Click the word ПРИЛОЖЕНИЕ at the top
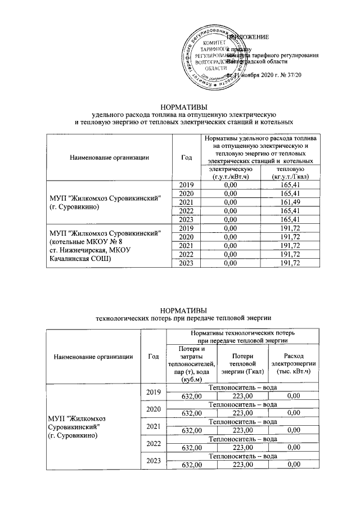click(x=247, y=37)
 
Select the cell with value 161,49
click(x=288, y=202)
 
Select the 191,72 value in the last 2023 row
click(x=288, y=263)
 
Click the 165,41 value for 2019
click(x=288, y=184)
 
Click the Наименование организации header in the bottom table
click(x=93, y=355)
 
